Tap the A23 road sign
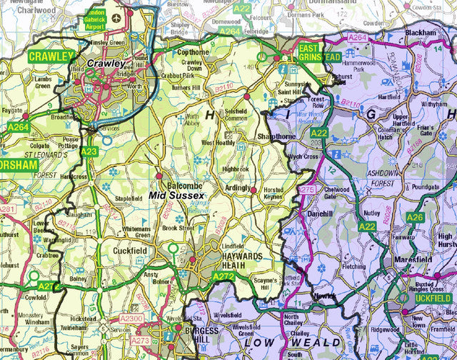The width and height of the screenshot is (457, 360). coord(89,151)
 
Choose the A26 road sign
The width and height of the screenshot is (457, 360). coord(415,217)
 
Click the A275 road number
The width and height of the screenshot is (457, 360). coord(307,189)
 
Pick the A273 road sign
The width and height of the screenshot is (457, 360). coord(140,341)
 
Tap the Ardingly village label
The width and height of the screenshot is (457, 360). coord(238,189)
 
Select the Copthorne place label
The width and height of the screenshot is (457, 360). coord(194,52)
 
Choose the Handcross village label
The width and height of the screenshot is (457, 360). coord(74,176)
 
